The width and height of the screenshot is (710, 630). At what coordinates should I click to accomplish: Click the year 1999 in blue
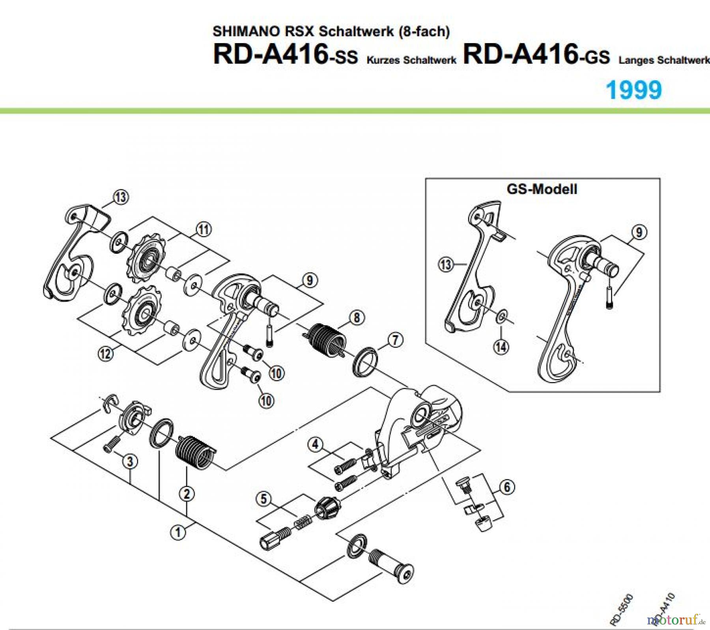tap(633, 90)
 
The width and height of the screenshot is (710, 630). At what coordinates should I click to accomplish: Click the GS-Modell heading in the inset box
tap(542, 189)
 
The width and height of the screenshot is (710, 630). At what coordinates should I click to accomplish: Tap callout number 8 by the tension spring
tap(357, 317)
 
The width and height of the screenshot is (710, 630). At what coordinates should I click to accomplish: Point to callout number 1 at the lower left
tap(178, 532)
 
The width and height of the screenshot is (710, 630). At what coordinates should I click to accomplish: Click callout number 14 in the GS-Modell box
tap(501, 347)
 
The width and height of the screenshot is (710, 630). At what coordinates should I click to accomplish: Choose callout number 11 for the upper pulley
tap(204, 229)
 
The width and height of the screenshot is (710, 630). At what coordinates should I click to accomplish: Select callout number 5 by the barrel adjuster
tap(264, 499)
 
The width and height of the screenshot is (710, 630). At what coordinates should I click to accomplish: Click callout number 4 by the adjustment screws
tap(315, 444)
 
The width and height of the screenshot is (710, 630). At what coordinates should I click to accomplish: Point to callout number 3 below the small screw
tap(130, 461)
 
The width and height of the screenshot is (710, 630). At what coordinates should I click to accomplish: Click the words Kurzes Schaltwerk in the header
tap(411, 60)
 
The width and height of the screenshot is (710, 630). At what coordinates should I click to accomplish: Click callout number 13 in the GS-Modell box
tap(445, 264)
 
